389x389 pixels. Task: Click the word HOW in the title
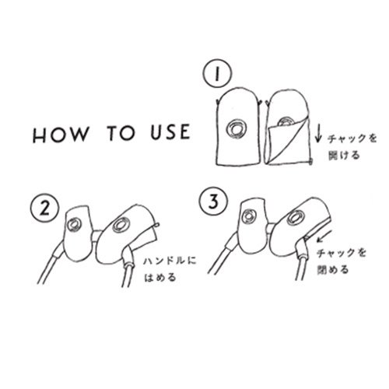pyautogui.click(x=61, y=135)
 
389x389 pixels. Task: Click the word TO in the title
pyautogui.click(x=121, y=133)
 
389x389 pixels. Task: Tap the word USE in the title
pyautogui.click(x=170, y=131)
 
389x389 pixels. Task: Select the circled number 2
pyautogui.click(x=44, y=209)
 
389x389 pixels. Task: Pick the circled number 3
pyautogui.click(x=213, y=202)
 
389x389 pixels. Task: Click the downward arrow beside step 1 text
pyautogui.click(x=318, y=135)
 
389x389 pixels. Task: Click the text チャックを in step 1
pyautogui.click(x=352, y=139)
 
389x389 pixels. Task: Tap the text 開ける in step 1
pyautogui.click(x=344, y=156)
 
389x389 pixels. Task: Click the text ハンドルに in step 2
pyautogui.click(x=170, y=261)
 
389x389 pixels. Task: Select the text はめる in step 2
pyautogui.click(x=160, y=278)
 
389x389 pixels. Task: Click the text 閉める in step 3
pyautogui.click(x=333, y=270)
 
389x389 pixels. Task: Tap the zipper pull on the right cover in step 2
pyautogui.click(x=156, y=225)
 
